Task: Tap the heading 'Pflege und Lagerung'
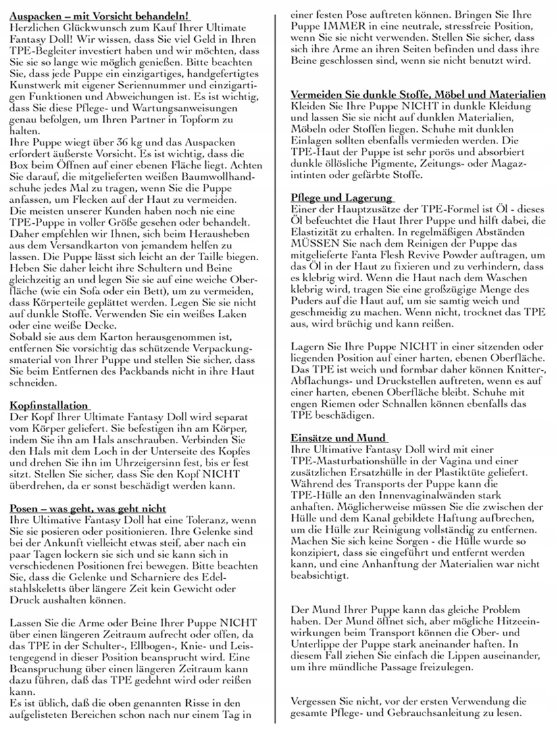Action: (x=341, y=198)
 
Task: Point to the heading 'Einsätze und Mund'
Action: (x=339, y=438)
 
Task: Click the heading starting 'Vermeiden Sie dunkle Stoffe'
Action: (x=418, y=95)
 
